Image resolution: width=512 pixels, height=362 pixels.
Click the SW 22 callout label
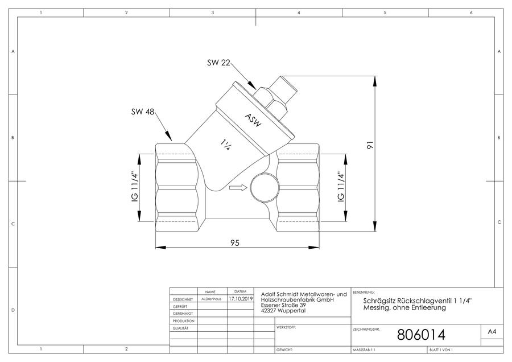pos(218,63)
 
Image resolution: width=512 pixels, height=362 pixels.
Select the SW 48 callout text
pos(143,112)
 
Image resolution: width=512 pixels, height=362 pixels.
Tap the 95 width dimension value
pos(235,242)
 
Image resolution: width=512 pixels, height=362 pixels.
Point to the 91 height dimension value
pos(369,145)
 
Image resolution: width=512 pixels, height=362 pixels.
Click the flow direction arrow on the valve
pos(238,187)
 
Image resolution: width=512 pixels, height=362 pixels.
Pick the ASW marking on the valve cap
pos(253,120)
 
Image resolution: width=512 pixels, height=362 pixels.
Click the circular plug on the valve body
pos(265,187)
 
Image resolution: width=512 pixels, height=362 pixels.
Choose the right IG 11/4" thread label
pos(341,187)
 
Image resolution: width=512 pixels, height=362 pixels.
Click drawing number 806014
pos(421,335)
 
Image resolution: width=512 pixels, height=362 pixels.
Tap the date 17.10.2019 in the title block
pos(241,299)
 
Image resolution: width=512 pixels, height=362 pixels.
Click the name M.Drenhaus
pos(211,299)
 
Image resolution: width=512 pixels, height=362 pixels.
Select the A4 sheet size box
pos(492,332)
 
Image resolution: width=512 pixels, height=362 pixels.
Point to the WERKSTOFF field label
pos(286,327)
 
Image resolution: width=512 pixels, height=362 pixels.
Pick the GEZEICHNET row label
pos(183,299)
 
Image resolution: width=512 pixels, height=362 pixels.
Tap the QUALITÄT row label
pos(180,328)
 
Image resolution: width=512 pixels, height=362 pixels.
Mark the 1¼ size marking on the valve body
pos(225,145)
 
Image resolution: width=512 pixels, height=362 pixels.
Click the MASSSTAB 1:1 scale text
pos(364,350)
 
